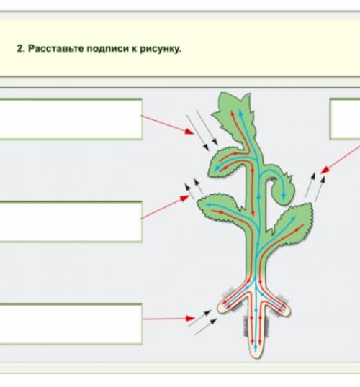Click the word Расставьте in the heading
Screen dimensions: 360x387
point(56,49)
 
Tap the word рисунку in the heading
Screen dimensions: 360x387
point(161,49)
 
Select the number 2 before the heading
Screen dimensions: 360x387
point(21,49)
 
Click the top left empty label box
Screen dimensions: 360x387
point(71,119)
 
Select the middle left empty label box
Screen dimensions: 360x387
point(71,222)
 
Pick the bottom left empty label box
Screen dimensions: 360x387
point(71,324)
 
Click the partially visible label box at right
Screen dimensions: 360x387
point(345,119)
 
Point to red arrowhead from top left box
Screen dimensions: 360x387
point(190,132)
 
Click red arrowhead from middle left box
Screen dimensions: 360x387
point(185,198)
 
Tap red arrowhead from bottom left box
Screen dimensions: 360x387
point(190,318)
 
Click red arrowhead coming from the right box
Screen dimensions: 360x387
point(325,170)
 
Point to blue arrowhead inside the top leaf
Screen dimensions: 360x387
point(240,113)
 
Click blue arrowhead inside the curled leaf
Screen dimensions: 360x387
point(284,196)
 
